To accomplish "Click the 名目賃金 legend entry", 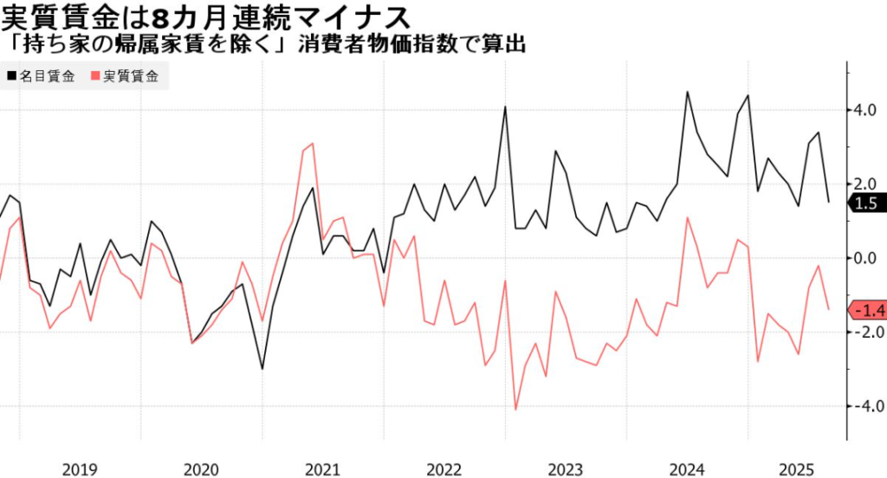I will [43, 75].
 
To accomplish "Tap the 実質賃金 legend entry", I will [125, 75].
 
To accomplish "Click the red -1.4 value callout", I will [866, 310].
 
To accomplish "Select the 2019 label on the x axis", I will [80, 468].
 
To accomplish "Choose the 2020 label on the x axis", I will [201, 468].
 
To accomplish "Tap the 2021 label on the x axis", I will [322, 468].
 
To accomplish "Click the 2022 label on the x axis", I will [443, 468].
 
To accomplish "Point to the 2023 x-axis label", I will [565, 468].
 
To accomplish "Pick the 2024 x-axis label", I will [686, 468].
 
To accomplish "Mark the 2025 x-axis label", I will [797, 468].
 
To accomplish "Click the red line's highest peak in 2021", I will [312, 144].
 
